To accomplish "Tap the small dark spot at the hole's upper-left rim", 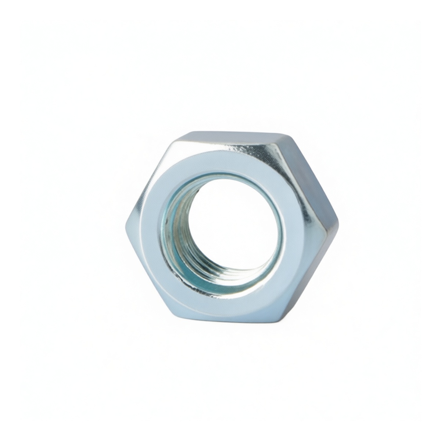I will tap(197, 191).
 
